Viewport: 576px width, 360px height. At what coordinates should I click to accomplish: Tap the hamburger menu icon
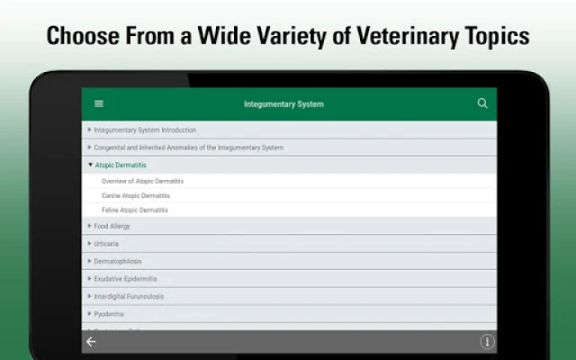click(x=99, y=104)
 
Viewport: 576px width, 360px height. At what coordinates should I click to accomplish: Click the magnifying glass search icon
click(x=482, y=103)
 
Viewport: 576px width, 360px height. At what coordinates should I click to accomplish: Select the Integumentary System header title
click(x=283, y=104)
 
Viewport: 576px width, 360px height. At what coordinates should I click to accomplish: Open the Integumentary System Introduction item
click(x=145, y=130)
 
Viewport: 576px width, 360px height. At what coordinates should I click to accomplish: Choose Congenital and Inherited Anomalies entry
click(x=189, y=148)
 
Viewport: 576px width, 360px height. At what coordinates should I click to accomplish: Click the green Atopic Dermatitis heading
click(x=121, y=166)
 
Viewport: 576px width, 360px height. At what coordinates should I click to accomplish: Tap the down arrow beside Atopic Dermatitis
click(x=90, y=165)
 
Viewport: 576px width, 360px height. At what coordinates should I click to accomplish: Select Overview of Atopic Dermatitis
click(x=142, y=181)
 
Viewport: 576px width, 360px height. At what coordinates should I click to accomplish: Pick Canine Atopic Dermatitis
click(x=136, y=196)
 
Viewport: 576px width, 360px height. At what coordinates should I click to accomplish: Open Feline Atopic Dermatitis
click(x=135, y=210)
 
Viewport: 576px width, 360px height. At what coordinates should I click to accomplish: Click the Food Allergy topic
click(x=112, y=226)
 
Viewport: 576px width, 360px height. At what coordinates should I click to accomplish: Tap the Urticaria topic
click(x=106, y=244)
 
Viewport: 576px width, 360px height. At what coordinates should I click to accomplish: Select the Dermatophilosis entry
click(x=118, y=262)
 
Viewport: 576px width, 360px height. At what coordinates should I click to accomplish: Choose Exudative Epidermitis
click(x=125, y=279)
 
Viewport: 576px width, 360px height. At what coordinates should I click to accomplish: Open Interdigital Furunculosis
click(x=129, y=297)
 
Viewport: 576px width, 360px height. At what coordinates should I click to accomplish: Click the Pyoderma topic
click(x=109, y=314)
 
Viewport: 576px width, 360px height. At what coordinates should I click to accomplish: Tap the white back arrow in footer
click(x=91, y=342)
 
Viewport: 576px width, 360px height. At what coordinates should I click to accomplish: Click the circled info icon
click(x=487, y=342)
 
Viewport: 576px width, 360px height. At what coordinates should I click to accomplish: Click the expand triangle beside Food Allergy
click(x=89, y=226)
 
